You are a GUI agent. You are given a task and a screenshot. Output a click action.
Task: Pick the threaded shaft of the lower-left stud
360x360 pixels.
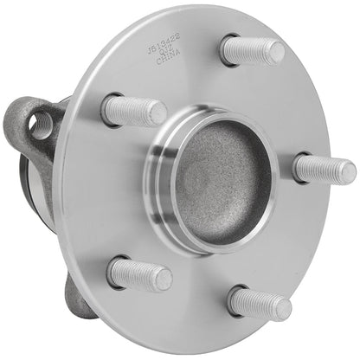pos(138,274)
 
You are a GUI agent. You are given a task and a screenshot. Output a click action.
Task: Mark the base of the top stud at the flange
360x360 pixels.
pos(228,48)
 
